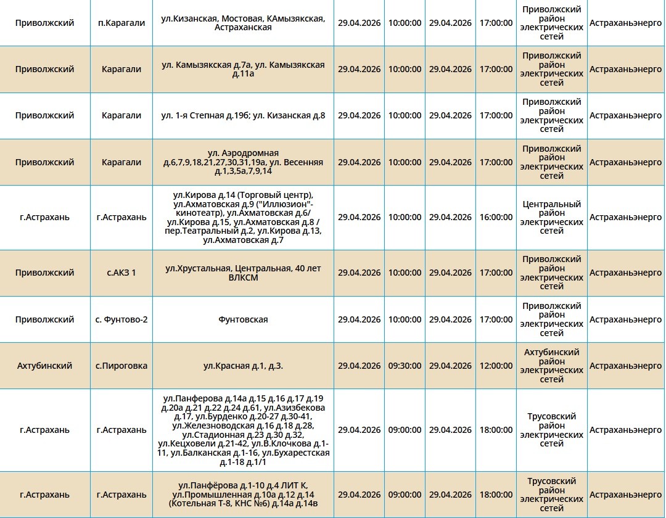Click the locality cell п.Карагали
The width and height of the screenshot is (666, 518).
(x=121, y=23)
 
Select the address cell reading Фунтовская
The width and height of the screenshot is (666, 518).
(x=243, y=319)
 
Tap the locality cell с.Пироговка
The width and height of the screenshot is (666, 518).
(x=121, y=366)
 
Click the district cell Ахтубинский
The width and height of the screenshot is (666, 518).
(x=44, y=366)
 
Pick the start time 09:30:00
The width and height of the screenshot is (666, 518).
(x=405, y=366)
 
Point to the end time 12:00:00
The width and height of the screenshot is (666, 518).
(x=496, y=366)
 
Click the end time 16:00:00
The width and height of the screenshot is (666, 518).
(x=496, y=217)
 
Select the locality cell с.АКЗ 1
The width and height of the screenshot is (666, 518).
(x=121, y=273)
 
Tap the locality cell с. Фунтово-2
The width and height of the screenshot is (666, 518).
(x=121, y=319)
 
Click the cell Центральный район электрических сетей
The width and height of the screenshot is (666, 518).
(x=551, y=217)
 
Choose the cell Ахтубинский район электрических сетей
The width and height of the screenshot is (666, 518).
(x=551, y=366)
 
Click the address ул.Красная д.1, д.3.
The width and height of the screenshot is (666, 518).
(x=243, y=366)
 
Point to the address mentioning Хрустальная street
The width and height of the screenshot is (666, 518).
(x=243, y=273)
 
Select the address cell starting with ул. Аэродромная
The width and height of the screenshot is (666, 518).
(x=243, y=162)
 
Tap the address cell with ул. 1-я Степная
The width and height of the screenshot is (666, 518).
(x=243, y=115)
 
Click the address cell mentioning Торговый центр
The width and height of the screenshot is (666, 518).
(x=243, y=217)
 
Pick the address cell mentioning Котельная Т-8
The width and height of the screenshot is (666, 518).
(x=243, y=495)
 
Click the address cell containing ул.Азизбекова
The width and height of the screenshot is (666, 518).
(x=243, y=430)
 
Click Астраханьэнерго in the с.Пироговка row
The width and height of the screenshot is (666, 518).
(x=625, y=366)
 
